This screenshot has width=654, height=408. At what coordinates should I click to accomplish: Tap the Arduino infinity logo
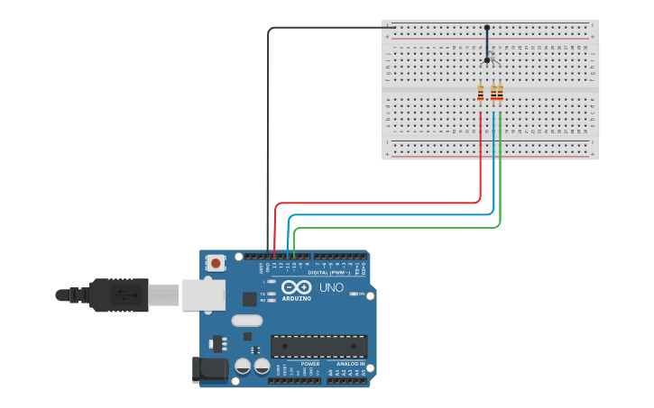click(x=295, y=288)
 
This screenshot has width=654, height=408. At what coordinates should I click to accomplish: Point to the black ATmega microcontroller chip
click(x=318, y=346)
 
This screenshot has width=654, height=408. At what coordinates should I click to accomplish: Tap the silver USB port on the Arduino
click(x=204, y=295)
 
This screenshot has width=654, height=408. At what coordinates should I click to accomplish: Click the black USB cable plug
click(x=118, y=295)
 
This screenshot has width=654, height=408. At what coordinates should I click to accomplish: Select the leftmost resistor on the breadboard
click(x=481, y=92)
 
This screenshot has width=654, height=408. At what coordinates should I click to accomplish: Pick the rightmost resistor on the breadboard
click(x=500, y=92)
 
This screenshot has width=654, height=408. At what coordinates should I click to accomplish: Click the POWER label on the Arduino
click(x=298, y=364)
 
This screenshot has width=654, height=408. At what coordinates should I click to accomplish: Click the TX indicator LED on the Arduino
click(x=272, y=294)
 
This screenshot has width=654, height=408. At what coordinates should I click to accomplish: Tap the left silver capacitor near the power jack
click(x=243, y=366)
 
